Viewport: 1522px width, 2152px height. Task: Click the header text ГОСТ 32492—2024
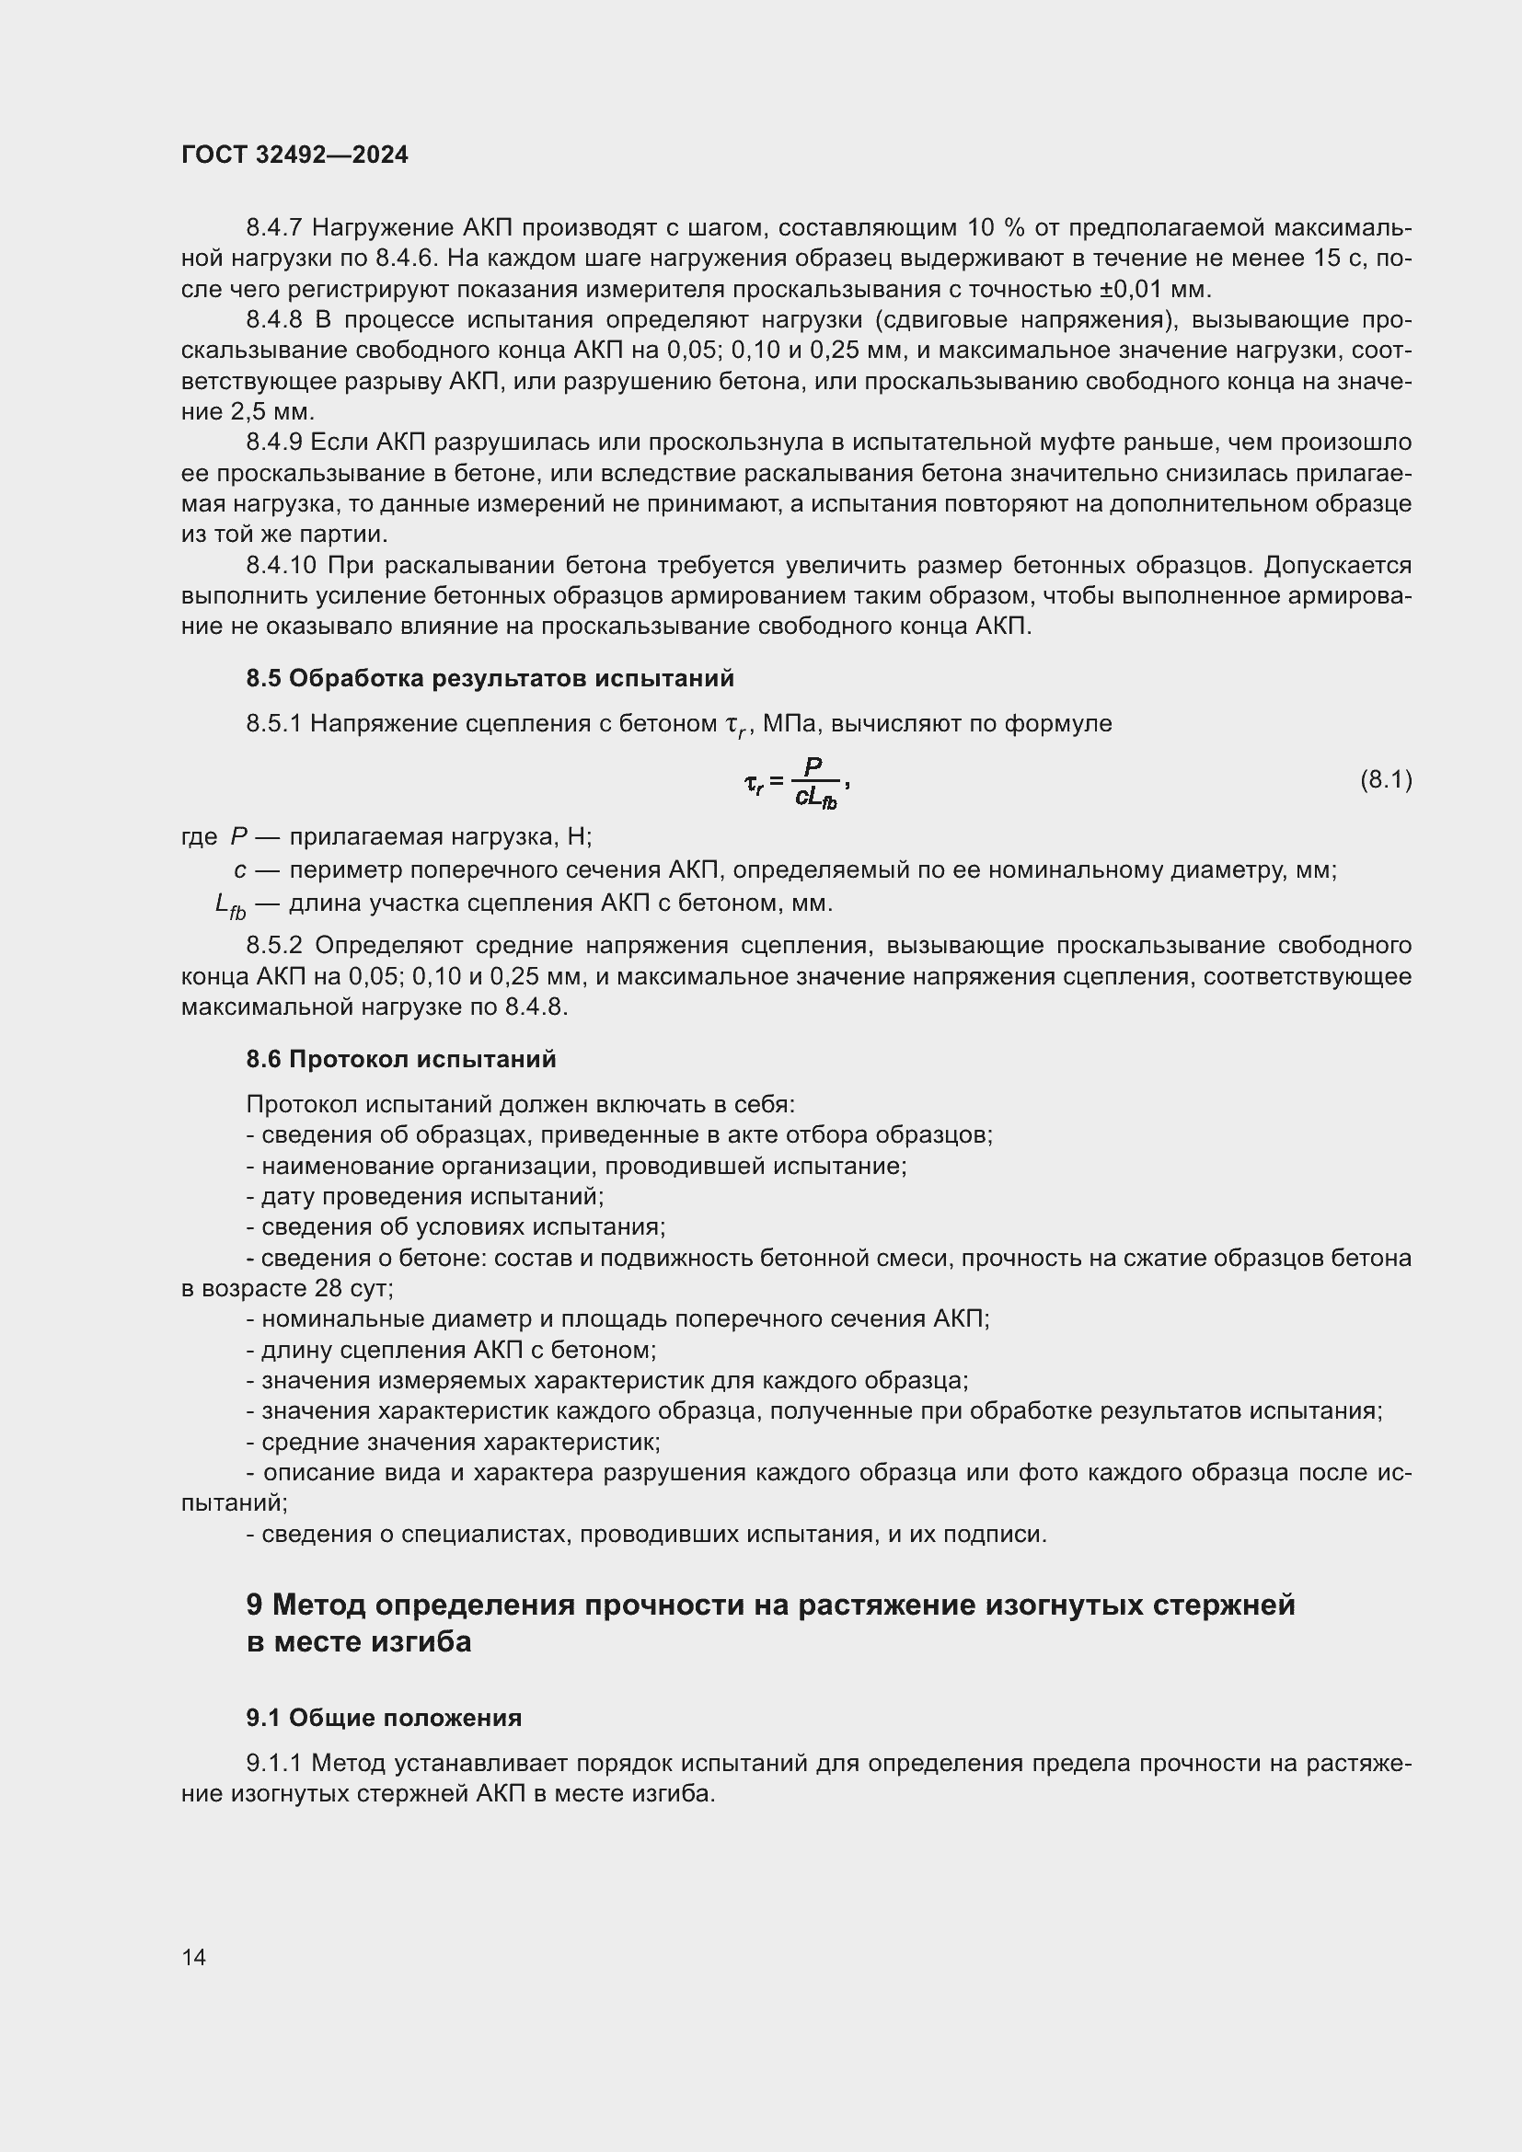pos(294,155)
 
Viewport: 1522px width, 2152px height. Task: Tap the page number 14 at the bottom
pos(194,1957)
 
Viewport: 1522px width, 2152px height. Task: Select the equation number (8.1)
pos(1385,779)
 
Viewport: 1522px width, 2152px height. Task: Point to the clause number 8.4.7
pos(273,228)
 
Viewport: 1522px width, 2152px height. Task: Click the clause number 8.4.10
pos(282,565)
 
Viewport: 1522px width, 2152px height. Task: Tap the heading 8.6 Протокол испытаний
pos(401,1058)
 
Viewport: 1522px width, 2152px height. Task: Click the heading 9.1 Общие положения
pos(384,1717)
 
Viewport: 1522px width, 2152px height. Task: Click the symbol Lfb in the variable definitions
pos(230,904)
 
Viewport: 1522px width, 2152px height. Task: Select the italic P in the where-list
pos(238,836)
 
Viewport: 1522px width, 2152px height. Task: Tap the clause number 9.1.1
pos(273,1763)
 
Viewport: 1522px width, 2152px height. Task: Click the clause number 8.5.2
pos(273,945)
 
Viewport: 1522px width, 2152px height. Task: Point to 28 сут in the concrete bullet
pos(352,1288)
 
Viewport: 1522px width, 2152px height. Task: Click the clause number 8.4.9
pos(273,443)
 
